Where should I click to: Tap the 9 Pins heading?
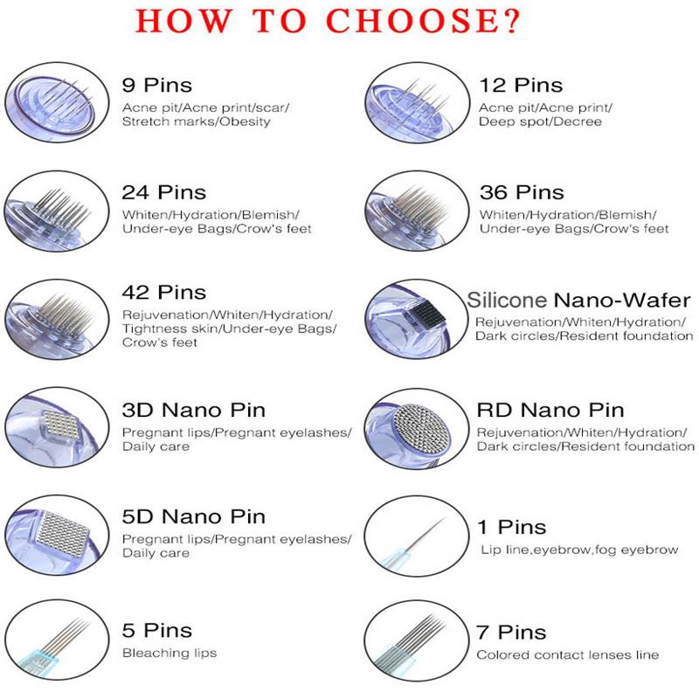(156, 86)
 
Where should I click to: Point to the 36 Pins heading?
(522, 192)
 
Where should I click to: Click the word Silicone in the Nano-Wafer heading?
(506, 301)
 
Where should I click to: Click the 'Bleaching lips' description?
(170, 653)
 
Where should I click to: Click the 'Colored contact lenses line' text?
(567, 654)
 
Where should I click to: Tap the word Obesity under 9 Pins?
(246, 121)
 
